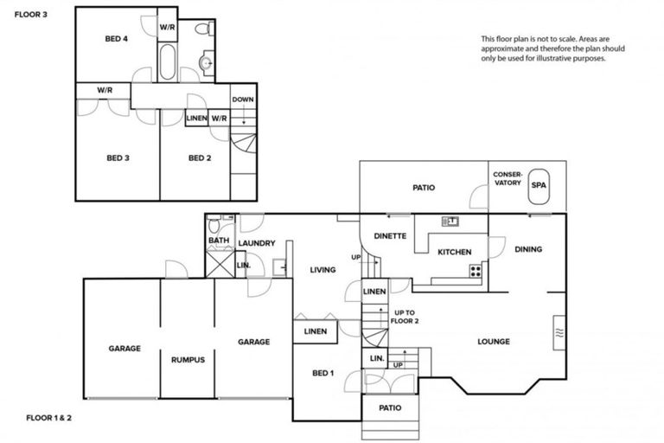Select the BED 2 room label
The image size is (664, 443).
coord(200,157)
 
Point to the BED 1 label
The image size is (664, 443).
coord(322,373)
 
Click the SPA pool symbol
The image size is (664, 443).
coord(539,185)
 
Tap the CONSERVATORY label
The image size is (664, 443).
coord(508,179)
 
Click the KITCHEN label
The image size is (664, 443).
coord(454,253)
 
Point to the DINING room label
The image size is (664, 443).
coord(528,249)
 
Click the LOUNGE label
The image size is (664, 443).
coord(494,342)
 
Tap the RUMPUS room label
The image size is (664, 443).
coord(188,360)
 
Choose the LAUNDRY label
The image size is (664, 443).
coord(256,243)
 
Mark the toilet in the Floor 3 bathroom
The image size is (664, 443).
coord(202,29)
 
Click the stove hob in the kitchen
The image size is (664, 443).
coord(475,270)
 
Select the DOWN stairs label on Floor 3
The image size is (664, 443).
coord(243,100)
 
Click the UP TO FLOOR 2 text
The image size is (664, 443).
coord(406,316)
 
